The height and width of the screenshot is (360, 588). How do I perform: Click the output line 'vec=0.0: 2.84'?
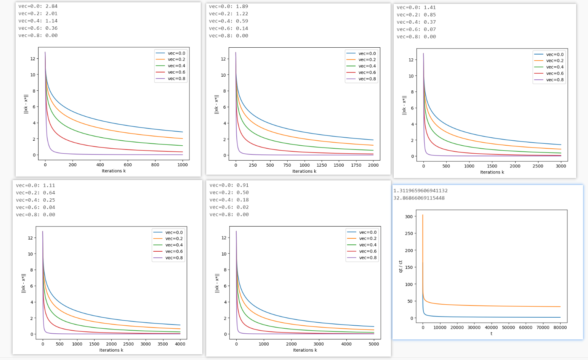pyautogui.click(x=38, y=6)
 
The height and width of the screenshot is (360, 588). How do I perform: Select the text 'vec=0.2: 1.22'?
pyautogui.click(x=228, y=14)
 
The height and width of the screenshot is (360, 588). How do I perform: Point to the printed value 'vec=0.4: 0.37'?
pyautogui.click(x=416, y=22)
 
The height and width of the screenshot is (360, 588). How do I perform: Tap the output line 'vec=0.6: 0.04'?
pyautogui.click(x=35, y=207)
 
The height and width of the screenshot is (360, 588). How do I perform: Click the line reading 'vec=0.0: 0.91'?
pyautogui.click(x=229, y=185)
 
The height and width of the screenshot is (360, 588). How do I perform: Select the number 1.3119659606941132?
pyautogui.click(x=420, y=191)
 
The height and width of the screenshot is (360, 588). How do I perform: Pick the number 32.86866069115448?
pyautogui.click(x=419, y=198)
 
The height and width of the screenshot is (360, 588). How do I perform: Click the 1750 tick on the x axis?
pyautogui.click(x=356, y=165)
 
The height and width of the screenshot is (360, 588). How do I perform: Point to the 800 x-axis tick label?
pyautogui.click(x=155, y=165)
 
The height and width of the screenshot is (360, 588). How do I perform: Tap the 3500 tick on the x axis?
pyautogui.click(x=163, y=344)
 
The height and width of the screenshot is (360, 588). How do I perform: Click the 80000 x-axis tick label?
pyautogui.click(x=560, y=328)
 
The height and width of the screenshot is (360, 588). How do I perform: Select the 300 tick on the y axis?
pyautogui.click(x=409, y=217)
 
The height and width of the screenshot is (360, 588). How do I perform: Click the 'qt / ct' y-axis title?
pyautogui.click(x=401, y=266)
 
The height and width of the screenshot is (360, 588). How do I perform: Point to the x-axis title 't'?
pyautogui.click(x=491, y=334)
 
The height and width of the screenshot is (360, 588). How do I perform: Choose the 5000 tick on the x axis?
pyautogui.click(x=374, y=344)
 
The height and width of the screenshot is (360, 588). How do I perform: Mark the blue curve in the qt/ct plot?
pyautogui.click(x=495, y=317)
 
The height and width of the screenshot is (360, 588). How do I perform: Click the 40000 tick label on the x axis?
pyautogui.click(x=491, y=328)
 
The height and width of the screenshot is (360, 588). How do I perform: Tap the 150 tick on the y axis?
pyautogui.click(x=409, y=267)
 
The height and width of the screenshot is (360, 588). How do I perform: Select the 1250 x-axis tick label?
pyautogui.click(x=322, y=165)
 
